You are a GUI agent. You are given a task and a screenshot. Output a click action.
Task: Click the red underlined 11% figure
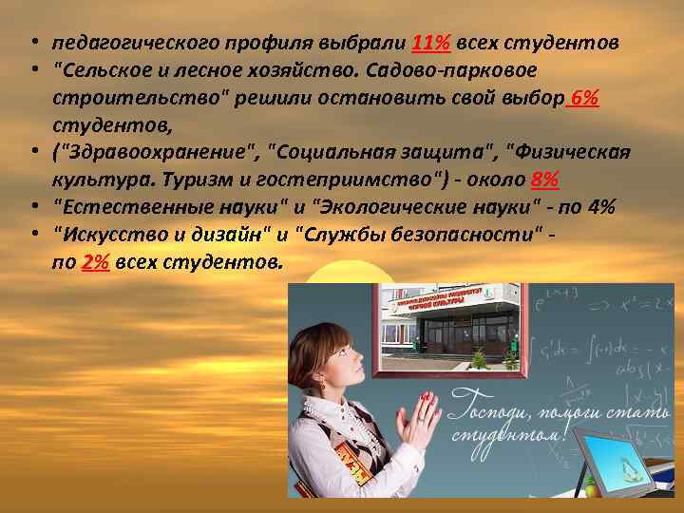432,44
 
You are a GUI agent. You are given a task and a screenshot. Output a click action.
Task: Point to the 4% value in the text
599,208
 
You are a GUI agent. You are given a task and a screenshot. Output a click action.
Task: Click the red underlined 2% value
96,263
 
